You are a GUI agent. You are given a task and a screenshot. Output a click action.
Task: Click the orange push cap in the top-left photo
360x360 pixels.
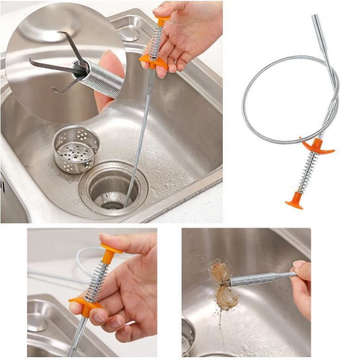(162, 20)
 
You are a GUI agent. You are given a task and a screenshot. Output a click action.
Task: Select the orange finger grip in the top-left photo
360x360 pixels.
(153, 61)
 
